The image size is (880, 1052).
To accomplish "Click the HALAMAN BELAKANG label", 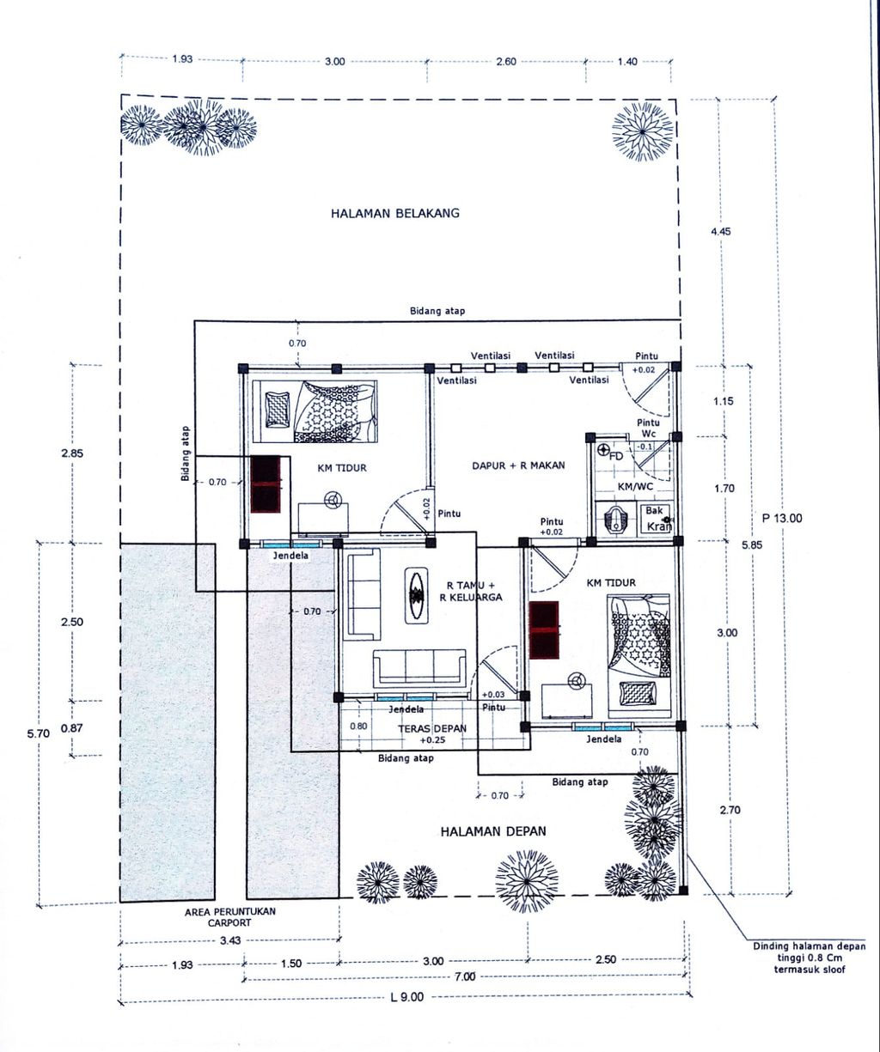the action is pos(394,213).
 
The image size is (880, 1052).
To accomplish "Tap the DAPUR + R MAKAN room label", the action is pos(518,465).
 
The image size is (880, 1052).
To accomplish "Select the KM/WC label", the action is pos(635,486).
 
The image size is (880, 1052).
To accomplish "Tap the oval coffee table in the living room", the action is pos(417,595).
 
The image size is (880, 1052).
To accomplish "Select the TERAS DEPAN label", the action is pos(432,728).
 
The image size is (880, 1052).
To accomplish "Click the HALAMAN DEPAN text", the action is pos(493,830).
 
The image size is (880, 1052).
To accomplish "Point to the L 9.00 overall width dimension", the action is pos(407,996).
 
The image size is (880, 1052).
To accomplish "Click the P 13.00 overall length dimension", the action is pos(782,518).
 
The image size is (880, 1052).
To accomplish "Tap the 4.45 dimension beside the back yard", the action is pos(721,232).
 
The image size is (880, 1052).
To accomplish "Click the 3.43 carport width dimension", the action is pos(230,940).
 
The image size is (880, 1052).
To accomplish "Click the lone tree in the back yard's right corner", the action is pos(642,131).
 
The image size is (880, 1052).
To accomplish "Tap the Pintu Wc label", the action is pos(648,429).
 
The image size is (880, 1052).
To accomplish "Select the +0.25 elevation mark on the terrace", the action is pos(432,740).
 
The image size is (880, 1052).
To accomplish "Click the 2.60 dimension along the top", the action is pos(506,62).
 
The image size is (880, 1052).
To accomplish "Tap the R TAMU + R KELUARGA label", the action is pos(471,591).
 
